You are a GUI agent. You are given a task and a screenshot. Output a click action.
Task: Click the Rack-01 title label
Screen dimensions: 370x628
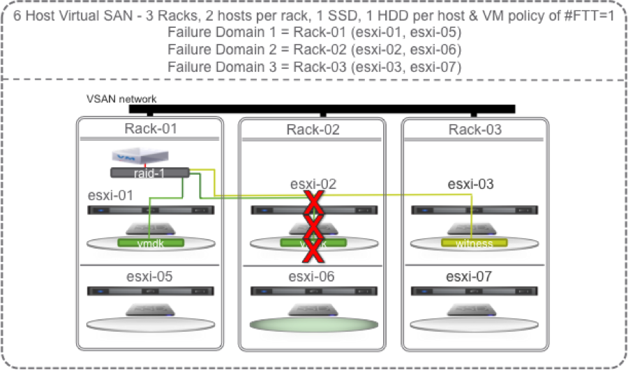tap(151, 128)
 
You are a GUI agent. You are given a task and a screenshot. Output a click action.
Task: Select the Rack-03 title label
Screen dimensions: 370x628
tap(474, 130)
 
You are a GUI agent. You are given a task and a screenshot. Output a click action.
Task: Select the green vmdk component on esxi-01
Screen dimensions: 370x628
tap(151, 243)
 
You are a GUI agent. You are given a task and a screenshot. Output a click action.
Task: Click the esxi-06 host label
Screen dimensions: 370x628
tap(313, 277)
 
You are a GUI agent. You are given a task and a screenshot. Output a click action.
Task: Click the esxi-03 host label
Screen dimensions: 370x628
tap(471, 185)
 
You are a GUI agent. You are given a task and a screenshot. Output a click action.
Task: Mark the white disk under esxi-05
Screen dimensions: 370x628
tap(151, 325)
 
